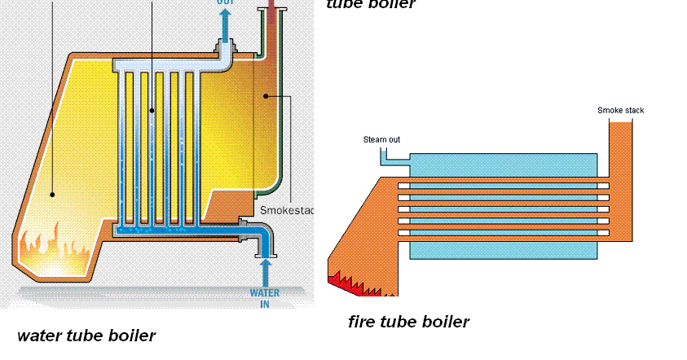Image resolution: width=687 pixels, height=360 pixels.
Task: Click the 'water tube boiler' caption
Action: click(86, 335)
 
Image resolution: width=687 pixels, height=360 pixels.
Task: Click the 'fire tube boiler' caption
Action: click(408, 322)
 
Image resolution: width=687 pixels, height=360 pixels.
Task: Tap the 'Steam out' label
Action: click(381, 139)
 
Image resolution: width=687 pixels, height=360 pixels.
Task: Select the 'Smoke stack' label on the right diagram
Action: click(620, 110)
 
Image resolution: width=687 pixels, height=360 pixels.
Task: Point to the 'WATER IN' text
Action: click(264, 299)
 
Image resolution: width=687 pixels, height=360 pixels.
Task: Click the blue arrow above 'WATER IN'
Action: click(264, 271)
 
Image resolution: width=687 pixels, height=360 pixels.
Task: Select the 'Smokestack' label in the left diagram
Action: click(286, 210)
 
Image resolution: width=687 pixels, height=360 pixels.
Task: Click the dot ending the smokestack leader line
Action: click(266, 96)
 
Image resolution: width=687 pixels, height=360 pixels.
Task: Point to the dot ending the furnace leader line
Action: click(52, 194)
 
